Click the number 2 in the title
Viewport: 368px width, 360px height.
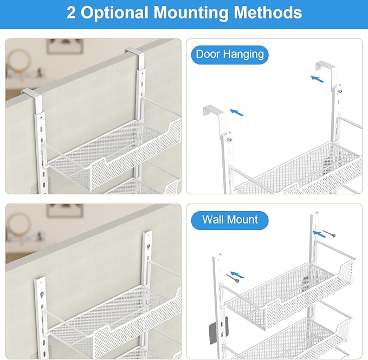[71, 12]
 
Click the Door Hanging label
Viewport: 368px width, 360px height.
[230, 55]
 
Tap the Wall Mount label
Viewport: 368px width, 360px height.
[230, 220]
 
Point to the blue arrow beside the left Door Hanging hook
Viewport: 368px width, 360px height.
[236, 113]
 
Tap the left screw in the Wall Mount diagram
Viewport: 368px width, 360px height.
[234, 278]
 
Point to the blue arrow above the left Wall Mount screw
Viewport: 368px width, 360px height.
[236, 274]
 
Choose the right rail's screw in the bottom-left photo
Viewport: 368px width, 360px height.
[147, 245]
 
